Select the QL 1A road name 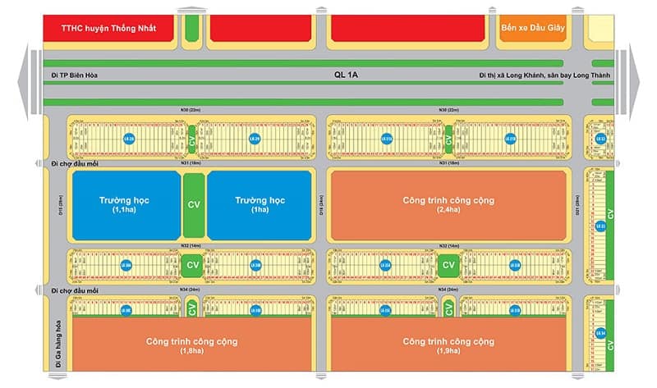346,75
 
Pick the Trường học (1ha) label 259,205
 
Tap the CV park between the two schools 193,205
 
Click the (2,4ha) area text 448,212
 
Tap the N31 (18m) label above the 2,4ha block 448,163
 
